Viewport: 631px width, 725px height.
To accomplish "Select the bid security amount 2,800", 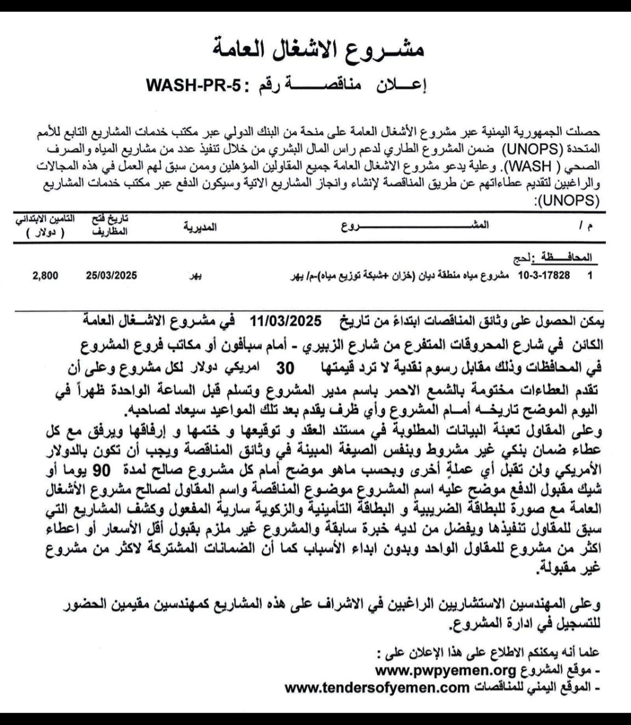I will [x=45, y=275].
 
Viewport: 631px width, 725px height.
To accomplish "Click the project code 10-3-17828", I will [x=543, y=275].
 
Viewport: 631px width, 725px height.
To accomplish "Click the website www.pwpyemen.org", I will [x=445, y=670].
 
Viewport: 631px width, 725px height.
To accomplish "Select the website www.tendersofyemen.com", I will [x=377, y=687].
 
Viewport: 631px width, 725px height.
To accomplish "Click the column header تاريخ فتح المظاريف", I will [x=109, y=225].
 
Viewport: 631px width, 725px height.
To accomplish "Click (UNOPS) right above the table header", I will [x=567, y=203].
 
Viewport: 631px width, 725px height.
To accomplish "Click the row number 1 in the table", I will [x=590, y=275].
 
